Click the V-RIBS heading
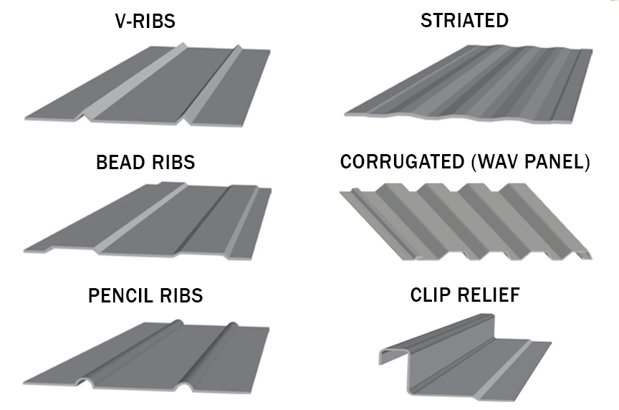(x=145, y=21)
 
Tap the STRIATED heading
(x=464, y=21)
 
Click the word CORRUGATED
(x=403, y=163)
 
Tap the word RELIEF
(x=489, y=295)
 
